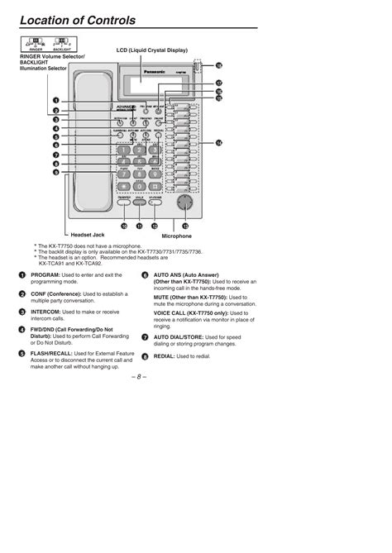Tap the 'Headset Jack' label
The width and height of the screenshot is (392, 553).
(86, 236)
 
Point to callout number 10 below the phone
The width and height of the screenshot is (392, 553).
(124, 225)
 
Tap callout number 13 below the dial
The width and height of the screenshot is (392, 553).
(185, 225)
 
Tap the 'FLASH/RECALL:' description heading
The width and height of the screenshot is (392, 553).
(55, 352)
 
